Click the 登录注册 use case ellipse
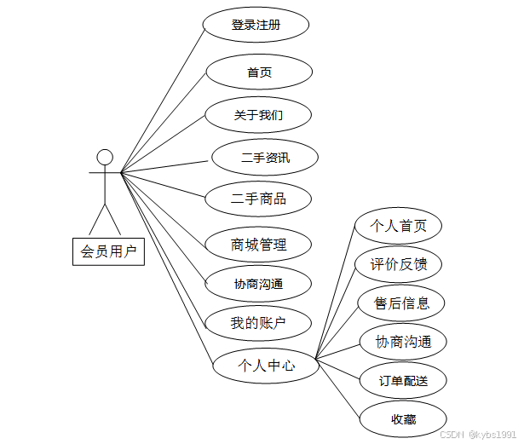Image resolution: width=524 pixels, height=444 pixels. point(256,25)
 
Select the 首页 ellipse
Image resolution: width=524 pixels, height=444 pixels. point(259,72)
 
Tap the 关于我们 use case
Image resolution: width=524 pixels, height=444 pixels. point(258,115)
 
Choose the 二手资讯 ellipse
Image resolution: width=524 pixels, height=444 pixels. point(265,158)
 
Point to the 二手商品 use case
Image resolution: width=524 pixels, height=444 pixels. point(258,199)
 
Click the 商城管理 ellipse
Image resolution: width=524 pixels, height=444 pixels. point(258,245)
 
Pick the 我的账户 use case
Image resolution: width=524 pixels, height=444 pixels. point(258,323)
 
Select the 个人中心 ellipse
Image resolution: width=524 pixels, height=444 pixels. point(266,366)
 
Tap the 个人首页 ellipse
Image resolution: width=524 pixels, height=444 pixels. point(399,227)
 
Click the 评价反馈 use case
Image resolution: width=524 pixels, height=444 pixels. point(399,265)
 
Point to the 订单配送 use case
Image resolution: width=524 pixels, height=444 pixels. point(404,381)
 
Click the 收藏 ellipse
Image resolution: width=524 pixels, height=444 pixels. point(403,419)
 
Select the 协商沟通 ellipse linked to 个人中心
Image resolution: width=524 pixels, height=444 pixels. point(403,343)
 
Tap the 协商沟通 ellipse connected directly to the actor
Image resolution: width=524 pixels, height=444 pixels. point(258,284)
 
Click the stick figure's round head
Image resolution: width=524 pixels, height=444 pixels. point(105,157)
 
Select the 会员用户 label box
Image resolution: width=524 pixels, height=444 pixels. point(108,251)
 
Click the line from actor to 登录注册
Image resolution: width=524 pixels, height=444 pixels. point(162,101)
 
